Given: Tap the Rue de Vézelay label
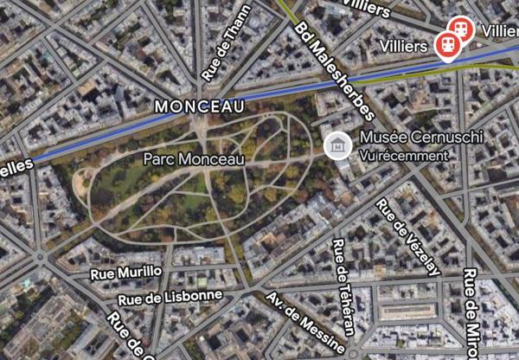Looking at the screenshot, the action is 407,235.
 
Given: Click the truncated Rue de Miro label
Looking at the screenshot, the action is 471,312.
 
